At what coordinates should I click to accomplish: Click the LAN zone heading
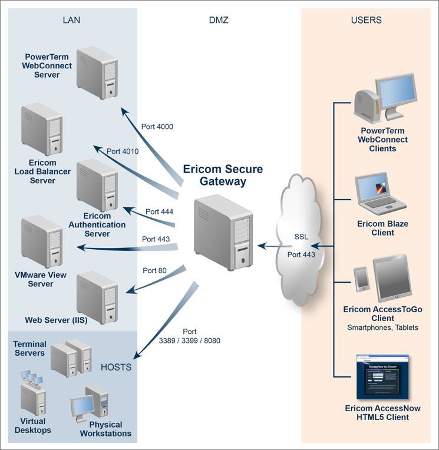click(71, 20)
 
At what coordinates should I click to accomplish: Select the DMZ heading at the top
click(219, 20)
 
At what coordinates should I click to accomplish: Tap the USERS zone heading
click(366, 20)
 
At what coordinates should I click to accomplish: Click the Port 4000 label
click(157, 126)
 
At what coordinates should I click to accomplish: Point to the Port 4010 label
click(123, 151)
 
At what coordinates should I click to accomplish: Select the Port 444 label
click(159, 211)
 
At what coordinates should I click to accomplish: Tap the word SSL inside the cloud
click(301, 236)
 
